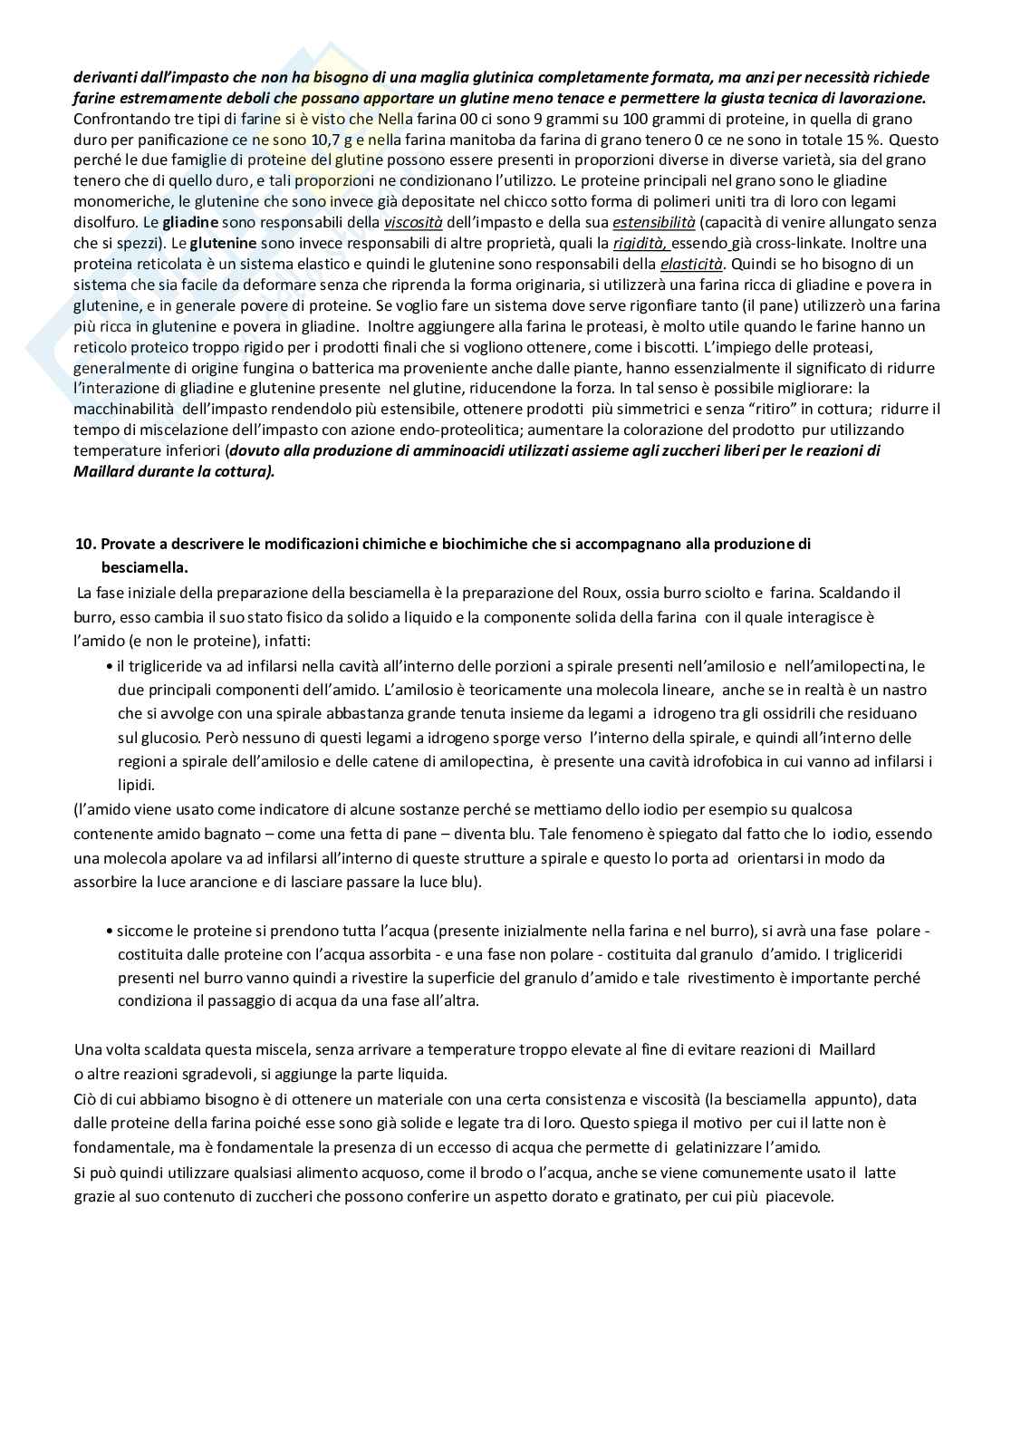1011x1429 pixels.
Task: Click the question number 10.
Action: (86, 545)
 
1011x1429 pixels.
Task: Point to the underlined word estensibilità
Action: (654, 222)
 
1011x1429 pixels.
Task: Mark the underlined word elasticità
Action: (691, 264)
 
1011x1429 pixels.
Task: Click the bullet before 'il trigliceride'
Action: (110, 667)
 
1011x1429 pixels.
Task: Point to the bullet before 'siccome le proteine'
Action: (110, 931)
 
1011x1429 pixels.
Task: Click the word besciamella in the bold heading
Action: (144, 567)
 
